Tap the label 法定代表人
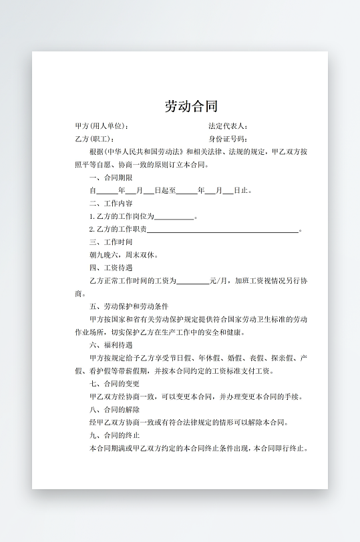coord(228,126)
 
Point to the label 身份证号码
coord(228,139)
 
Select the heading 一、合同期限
coord(110,178)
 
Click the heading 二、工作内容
coord(110,204)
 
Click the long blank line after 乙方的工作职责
coord(222,230)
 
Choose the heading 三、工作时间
coord(110,242)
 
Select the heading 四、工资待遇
coord(110,268)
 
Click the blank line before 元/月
coord(193,282)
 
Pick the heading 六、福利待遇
coord(110,346)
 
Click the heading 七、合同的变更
coord(114,384)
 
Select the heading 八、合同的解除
coord(114,410)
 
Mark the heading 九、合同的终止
coord(114,436)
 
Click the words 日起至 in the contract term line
coord(164,191)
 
